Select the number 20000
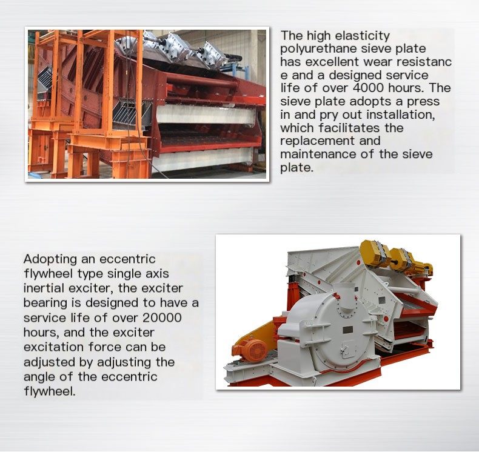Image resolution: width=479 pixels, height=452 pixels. pyautogui.click(x=162, y=317)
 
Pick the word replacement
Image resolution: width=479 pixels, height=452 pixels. pyautogui.click(x=318, y=141)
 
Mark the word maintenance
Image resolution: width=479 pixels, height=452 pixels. pyautogui.click(x=318, y=154)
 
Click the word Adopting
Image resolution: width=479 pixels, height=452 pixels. pyautogui.click(x=50, y=260)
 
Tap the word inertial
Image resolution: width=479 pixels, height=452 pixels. pyautogui.click(x=44, y=288)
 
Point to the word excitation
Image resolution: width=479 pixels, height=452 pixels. pyautogui.click(x=53, y=347)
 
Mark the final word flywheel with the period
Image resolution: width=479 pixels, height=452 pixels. pyautogui.click(x=50, y=392)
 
